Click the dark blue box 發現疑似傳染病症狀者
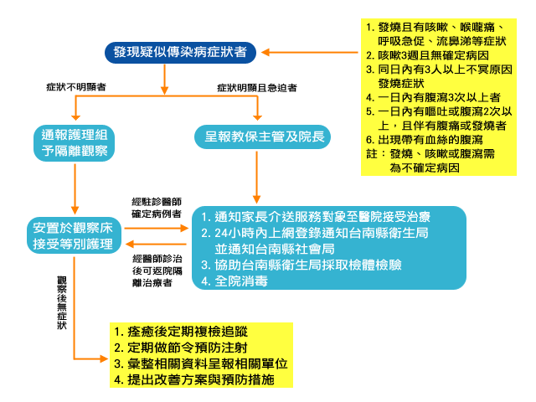[x=180, y=52]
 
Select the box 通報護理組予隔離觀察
[x=75, y=143]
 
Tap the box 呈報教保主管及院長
[x=262, y=137]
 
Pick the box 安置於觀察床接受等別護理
[x=74, y=235]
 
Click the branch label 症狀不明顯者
[x=76, y=87]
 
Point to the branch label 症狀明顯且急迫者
[x=257, y=88]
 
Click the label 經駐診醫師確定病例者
[x=157, y=208]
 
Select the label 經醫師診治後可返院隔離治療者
[x=157, y=271]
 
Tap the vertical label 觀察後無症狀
[x=62, y=302]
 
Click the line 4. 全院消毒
[x=234, y=281]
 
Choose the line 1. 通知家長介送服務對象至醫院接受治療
[x=316, y=217]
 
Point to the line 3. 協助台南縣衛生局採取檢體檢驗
[x=301, y=265]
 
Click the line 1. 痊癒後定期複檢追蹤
[x=181, y=332]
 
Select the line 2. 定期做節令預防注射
[x=181, y=348]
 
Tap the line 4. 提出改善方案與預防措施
[x=194, y=379]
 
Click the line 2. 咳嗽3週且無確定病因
[x=427, y=55]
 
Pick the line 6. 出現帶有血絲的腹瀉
[x=425, y=140]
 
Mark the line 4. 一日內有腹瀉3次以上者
[x=433, y=97]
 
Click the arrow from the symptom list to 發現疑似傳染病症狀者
[x=310, y=52]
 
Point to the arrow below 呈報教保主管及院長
[x=257, y=178]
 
